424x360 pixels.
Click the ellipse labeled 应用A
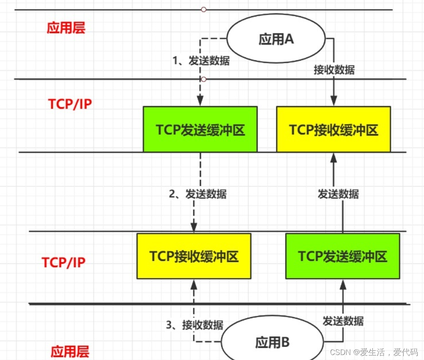coord(276,40)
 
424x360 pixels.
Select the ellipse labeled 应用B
coord(272,343)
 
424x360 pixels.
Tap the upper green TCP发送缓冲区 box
coord(200,129)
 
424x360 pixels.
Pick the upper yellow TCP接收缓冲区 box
coord(333,129)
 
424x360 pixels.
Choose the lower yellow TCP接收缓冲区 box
coord(194,256)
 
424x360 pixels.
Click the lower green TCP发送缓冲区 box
coord(342,256)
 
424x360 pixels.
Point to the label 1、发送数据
coord(201,61)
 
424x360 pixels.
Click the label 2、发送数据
coord(198,194)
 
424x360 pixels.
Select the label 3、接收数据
coord(195,325)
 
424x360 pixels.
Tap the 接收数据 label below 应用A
coord(334,70)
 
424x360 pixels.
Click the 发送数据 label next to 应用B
coord(343,321)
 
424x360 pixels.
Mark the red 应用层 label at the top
coord(66,28)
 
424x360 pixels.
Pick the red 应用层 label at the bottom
coord(70,351)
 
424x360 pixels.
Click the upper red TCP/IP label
coord(69,104)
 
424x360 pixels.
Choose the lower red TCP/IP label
coord(63,262)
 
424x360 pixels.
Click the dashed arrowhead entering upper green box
coord(200,102)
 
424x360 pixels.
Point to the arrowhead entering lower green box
coord(342,284)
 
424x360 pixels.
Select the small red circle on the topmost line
coord(203,9)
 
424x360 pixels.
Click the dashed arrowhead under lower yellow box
coord(194,284)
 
